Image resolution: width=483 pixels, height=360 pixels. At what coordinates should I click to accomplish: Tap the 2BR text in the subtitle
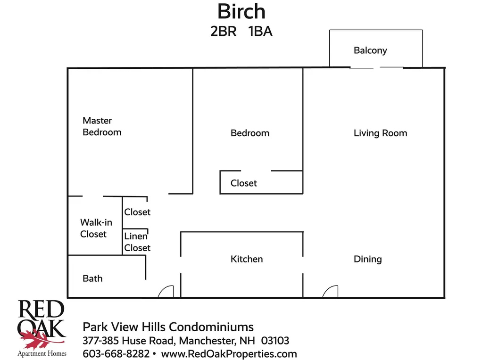tap(223, 32)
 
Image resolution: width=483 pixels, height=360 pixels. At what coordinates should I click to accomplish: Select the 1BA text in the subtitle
tap(260, 32)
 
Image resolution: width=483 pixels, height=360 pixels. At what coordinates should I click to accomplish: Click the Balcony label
tap(370, 50)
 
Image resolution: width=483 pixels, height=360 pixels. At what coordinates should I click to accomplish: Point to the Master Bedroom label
tap(102, 126)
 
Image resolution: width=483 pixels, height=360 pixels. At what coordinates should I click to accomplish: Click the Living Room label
tap(380, 133)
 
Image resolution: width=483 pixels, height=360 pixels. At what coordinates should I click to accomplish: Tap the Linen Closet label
tap(137, 242)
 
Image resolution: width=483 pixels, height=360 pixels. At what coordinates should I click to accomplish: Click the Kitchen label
tap(247, 259)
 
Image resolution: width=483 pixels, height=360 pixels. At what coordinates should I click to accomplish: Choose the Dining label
tap(367, 259)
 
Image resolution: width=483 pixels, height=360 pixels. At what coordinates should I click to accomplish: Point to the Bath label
tap(92, 278)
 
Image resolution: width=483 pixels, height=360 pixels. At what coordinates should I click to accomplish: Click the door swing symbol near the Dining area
tap(331, 292)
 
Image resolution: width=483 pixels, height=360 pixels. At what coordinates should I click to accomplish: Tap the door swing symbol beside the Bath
tap(166, 292)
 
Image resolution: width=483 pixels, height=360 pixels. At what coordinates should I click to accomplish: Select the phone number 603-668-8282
tap(116, 353)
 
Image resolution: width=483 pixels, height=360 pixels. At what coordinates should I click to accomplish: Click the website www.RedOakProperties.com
tap(229, 353)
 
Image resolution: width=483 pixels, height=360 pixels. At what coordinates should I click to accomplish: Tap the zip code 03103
tap(275, 340)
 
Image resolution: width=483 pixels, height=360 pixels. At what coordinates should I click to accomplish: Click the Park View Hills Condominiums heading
tap(168, 327)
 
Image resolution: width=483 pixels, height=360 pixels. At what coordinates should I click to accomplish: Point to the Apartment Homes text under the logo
tap(42, 353)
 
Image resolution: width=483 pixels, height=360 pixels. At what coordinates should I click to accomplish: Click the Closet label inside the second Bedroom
tap(244, 183)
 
